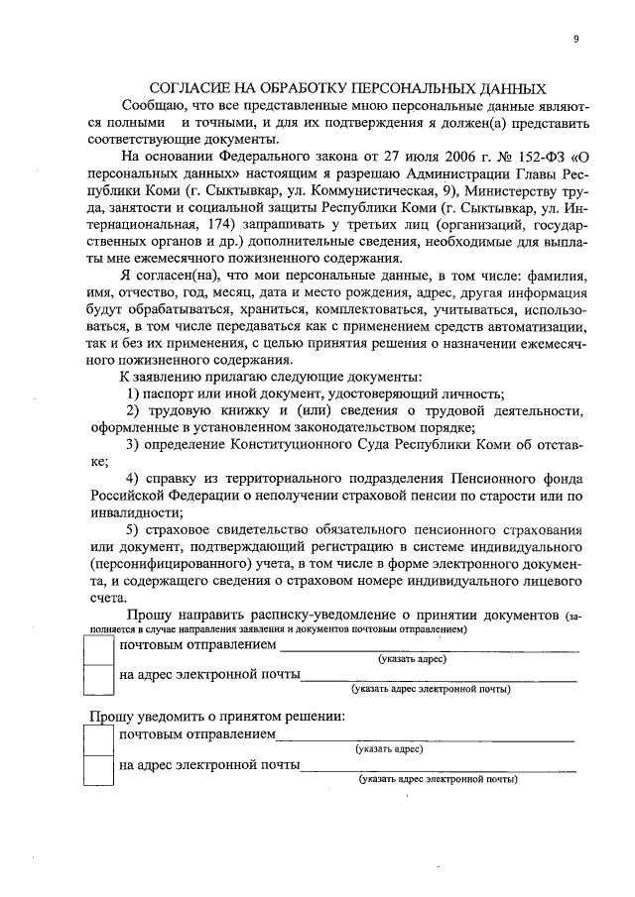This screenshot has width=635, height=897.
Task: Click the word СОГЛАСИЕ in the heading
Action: [x=191, y=87]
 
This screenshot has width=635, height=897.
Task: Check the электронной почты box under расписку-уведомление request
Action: [x=98, y=680]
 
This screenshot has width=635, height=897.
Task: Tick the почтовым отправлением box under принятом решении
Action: [x=98, y=738]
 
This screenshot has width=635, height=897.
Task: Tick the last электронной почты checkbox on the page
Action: [x=98, y=768]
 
